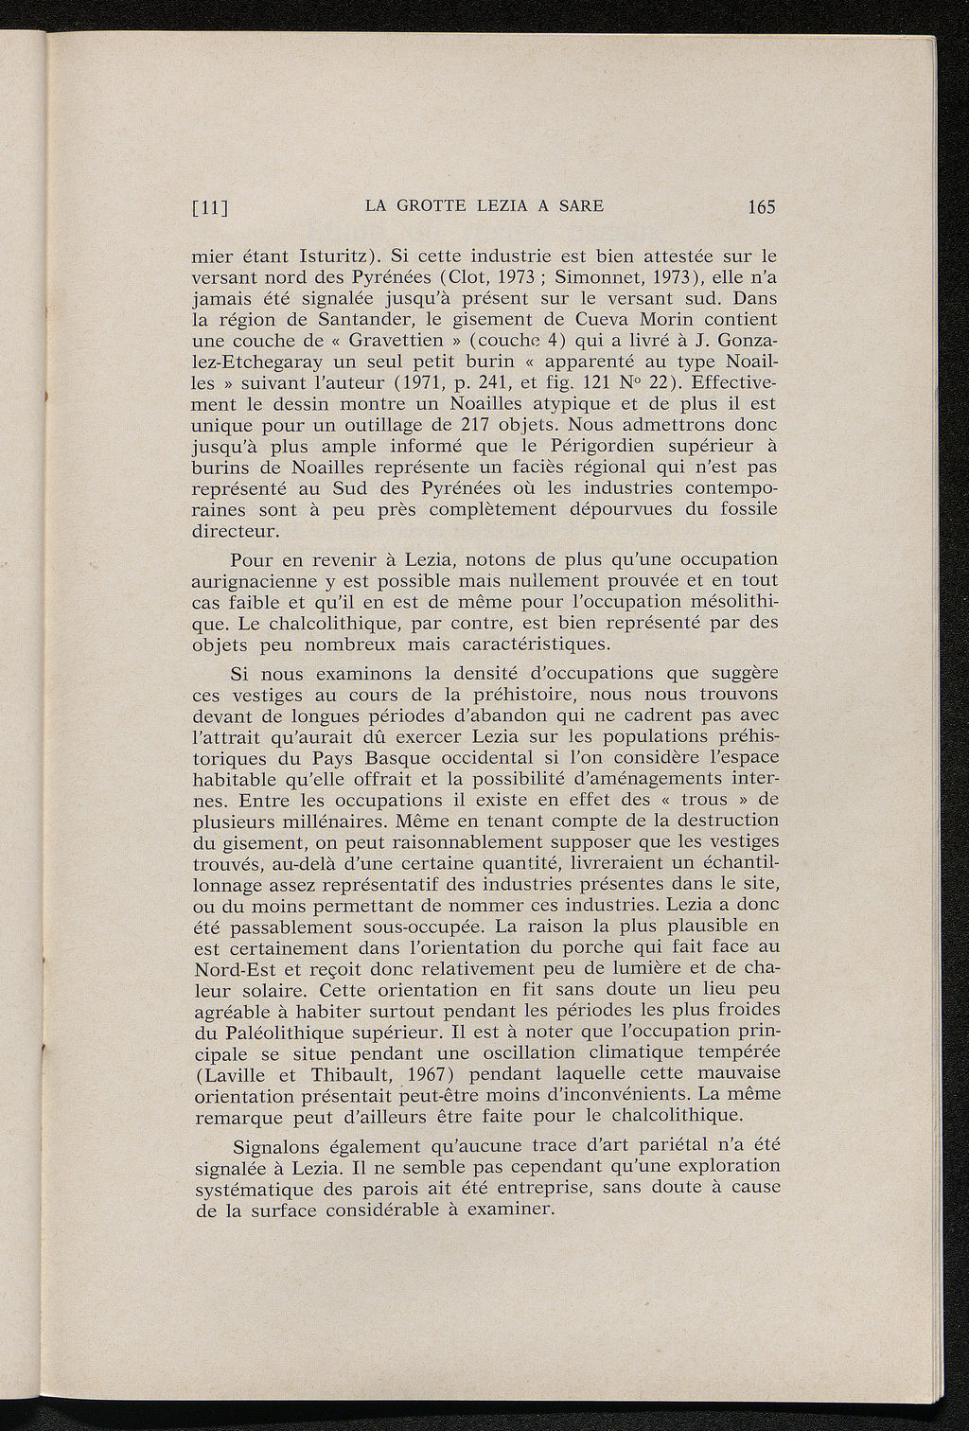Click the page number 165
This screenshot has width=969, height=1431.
[760, 206]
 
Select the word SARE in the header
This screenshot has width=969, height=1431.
[577, 205]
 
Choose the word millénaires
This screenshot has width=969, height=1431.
[319, 821]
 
